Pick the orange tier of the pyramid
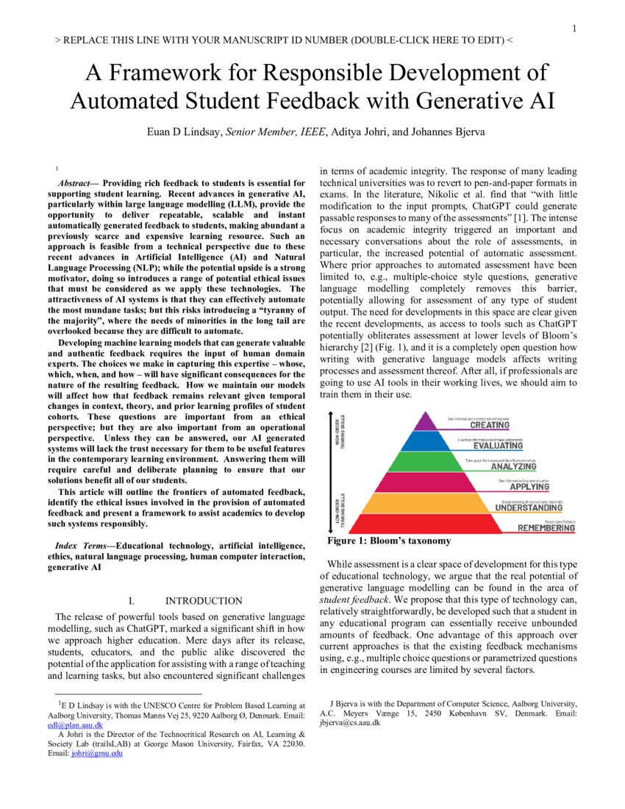[x=426, y=504]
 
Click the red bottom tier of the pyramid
[x=426, y=524]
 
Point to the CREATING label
[x=490, y=425]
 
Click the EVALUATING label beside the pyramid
[x=498, y=446]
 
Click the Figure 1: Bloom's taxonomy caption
[x=389, y=541]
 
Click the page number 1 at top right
[x=574, y=29]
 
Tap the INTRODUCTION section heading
[x=204, y=601]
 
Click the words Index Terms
[x=85, y=546]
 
